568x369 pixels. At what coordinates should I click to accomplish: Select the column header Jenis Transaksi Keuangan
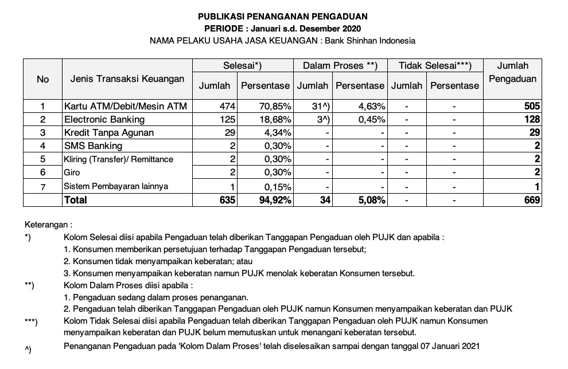point(127,78)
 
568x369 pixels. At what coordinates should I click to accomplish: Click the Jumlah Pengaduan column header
point(512,72)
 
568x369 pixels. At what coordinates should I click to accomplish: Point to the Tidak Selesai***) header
point(435,66)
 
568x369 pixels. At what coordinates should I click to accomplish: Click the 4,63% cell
point(371,107)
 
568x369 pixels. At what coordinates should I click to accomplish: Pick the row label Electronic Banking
point(104,120)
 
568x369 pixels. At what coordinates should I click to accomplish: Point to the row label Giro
point(72,172)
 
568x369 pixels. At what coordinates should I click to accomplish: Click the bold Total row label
point(76,200)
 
